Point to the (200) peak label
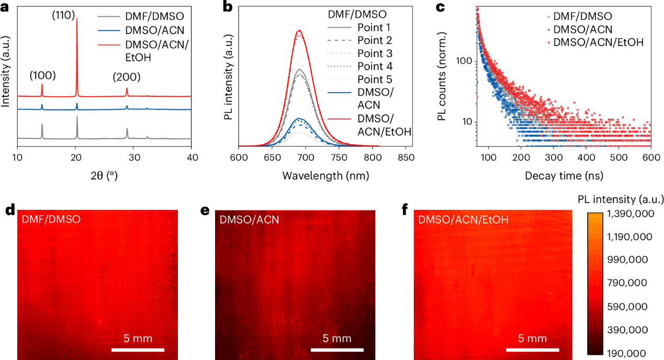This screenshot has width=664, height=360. click(x=127, y=77)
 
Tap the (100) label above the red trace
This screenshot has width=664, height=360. click(x=42, y=75)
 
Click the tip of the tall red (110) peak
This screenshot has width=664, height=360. click(x=77, y=19)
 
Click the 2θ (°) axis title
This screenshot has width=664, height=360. click(x=104, y=176)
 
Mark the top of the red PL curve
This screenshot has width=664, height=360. click(x=299, y=30)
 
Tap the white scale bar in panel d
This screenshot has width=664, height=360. click(x=138, y=350)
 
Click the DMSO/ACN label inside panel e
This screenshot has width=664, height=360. click(x=249, y=219)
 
